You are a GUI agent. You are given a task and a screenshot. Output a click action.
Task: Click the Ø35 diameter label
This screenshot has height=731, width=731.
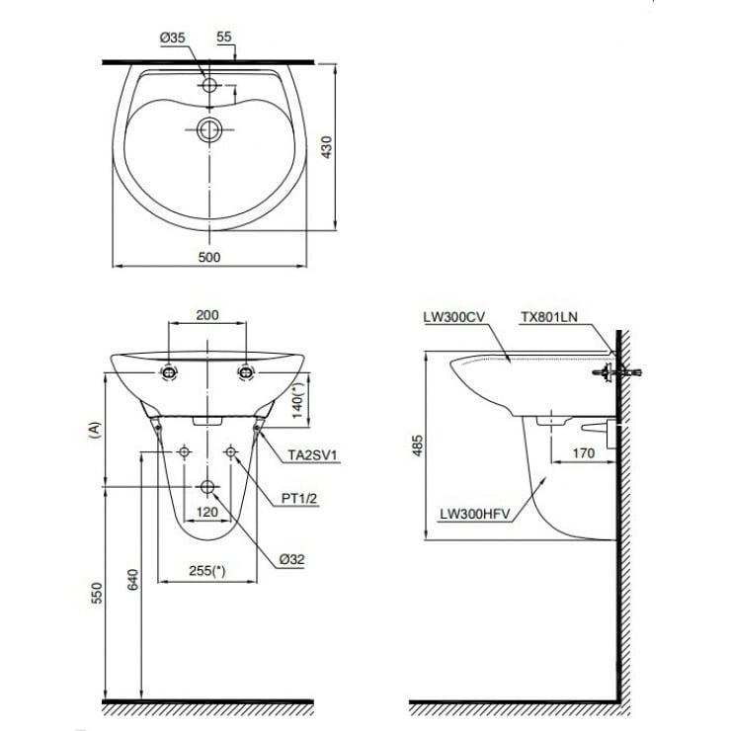[173, 37]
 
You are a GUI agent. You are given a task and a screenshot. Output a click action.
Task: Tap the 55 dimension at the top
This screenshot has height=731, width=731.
[223, 37]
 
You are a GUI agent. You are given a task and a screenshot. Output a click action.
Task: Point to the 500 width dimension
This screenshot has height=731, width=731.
[208, 257]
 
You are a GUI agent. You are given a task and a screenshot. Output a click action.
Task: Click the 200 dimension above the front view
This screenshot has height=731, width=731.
[207, 315]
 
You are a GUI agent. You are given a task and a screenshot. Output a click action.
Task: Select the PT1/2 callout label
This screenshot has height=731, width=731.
[300, 500]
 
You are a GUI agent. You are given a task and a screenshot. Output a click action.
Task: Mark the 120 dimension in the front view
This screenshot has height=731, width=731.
[207, 513]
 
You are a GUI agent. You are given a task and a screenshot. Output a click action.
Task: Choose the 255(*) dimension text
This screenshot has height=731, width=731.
[206, 570]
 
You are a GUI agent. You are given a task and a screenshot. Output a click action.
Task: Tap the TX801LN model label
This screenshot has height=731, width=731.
[549, 317]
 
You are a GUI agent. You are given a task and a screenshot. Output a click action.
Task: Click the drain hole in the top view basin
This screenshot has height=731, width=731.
[208, 128]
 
